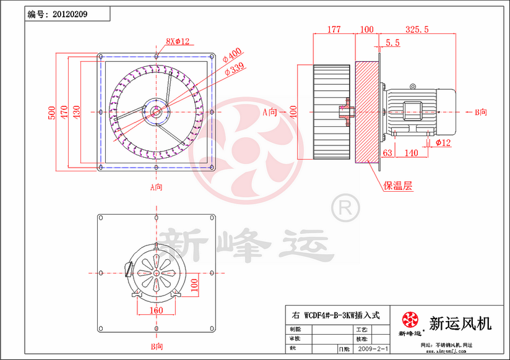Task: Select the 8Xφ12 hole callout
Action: pos(177,41)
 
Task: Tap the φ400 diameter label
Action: pos(235,56)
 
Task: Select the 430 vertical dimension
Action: pos(76,111)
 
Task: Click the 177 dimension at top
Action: pos(334,29)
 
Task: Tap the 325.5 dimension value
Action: pos(418,29)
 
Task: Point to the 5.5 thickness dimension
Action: pos(392,42)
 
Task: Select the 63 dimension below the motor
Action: pos(388,152)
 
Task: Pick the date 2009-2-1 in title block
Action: pos(373,349)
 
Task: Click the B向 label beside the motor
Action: pos(480,112)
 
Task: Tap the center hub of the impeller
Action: pos(156,111)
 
